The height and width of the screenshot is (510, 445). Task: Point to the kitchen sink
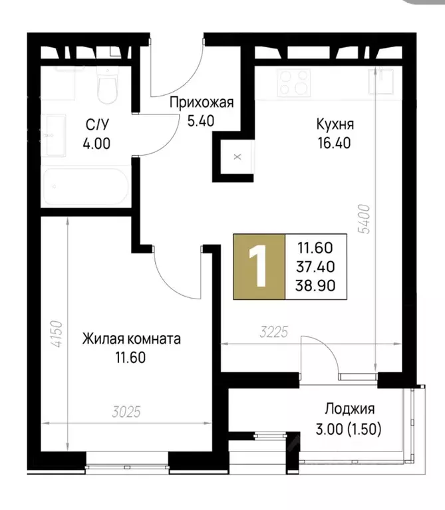tap(382, 82)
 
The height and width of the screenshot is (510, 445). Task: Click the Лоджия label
tap(350, 409)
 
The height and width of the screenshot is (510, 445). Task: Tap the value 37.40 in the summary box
tap(316, 267)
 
